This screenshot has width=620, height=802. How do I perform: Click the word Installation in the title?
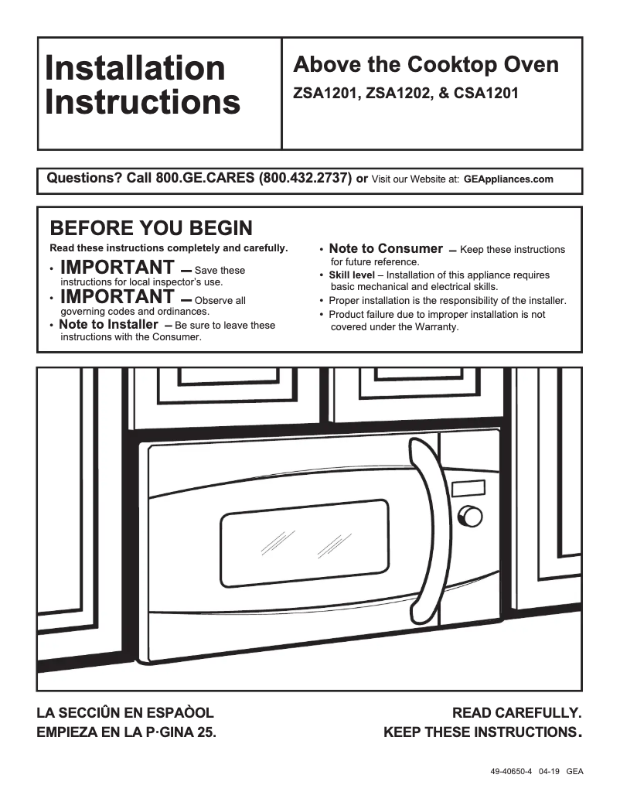click(135, 68)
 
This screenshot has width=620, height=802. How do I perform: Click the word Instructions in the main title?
click(142, 102)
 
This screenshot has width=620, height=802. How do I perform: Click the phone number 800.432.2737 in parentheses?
click(305, 179)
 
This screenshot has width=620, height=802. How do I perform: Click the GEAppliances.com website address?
click(508, 179)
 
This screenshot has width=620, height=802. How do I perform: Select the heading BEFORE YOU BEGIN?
click(151, 228)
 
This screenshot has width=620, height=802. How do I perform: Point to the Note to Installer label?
click(108, 325)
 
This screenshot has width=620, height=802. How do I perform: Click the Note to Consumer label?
click(385, 249)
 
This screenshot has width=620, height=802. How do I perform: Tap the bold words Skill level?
click(351, 275)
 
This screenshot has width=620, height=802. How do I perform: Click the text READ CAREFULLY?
click(516, 712)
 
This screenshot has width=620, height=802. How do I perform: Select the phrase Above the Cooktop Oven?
click(425, 65)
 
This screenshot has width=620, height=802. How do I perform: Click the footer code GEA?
click(574, 772)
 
